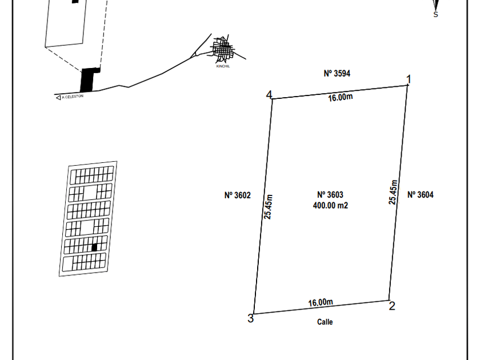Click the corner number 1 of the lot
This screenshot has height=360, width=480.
click(408, 79)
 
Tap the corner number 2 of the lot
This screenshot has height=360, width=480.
click(392, 306)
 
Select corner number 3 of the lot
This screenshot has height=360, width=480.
click(251, 318)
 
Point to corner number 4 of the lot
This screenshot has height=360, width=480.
click(269, 95)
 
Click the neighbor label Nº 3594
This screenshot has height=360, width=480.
click(337, 74)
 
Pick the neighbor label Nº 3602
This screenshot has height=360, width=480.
click(238, 195)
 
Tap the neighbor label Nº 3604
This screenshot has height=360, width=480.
click(421, 195)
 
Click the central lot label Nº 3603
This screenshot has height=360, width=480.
click(330, 195)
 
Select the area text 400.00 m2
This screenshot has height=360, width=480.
click(330, 205)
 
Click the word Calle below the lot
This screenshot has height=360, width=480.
click(325, 322)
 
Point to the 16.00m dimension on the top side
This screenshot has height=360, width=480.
click(341, 97)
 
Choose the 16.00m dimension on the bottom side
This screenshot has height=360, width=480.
click(321, 302)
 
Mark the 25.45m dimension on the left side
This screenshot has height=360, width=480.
click(268, 207)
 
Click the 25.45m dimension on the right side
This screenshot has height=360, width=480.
click(393, 192)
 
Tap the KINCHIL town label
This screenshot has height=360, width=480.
click(223, 66)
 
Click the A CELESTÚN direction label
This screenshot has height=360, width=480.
click(73, 97)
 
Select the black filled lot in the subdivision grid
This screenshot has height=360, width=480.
click(94, 247)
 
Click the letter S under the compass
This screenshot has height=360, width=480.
click(435, 14)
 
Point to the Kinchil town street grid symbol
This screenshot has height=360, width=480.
click(223, 49)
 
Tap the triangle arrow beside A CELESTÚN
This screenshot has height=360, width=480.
click(58, 98)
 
